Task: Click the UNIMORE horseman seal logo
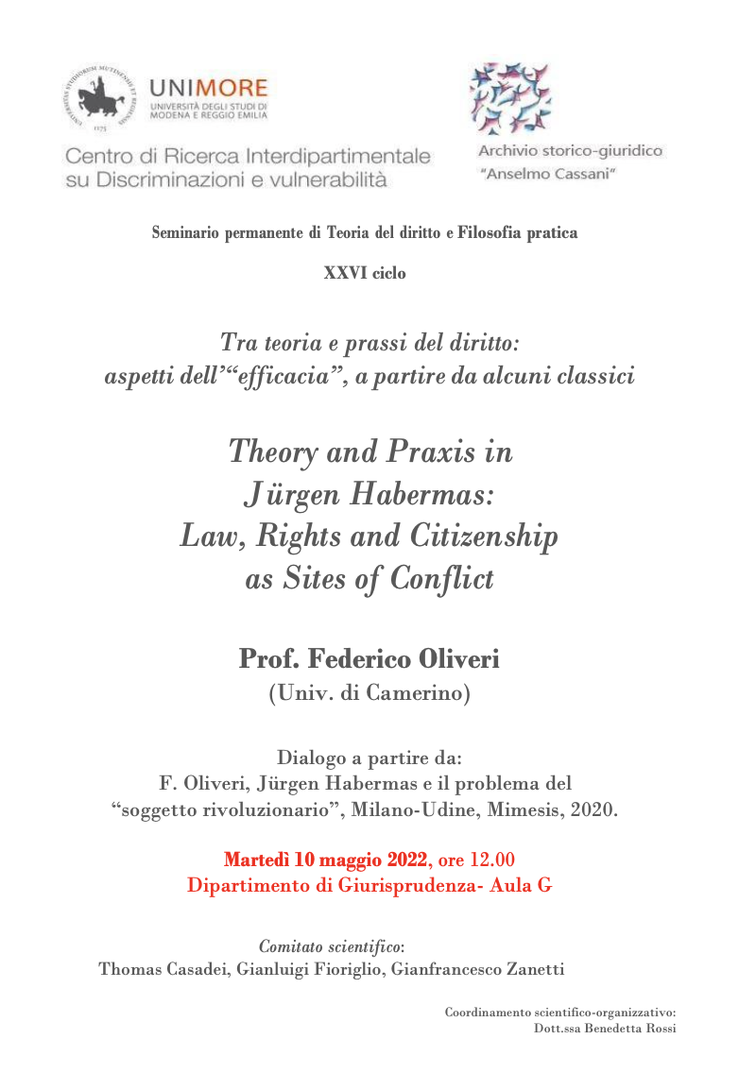click(102, 98)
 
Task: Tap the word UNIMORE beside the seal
click(209, 88)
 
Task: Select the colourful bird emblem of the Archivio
click(510, 98)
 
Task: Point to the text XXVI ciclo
click(365, 273)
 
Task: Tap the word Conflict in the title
click(438, 578)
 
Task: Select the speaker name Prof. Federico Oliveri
click(369, 658)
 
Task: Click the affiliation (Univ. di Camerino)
click(369, 694)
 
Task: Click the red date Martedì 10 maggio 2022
click(325, 860)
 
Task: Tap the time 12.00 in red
click(492, 860)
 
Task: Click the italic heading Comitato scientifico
click(331, 945)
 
